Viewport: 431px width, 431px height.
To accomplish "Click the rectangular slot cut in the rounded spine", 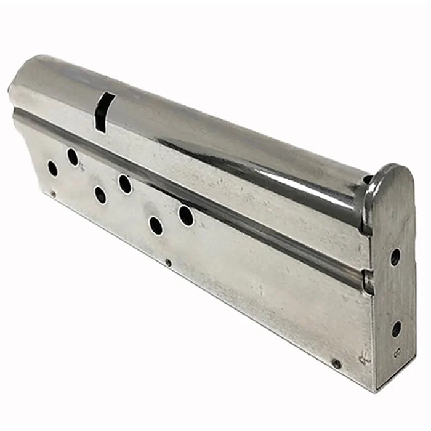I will coord(103,111).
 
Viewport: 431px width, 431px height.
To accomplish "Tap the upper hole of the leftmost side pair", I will coord(73,157).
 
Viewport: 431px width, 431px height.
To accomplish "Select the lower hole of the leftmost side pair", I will coord(53,168).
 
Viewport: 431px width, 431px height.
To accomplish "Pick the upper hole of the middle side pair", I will coord(124,183).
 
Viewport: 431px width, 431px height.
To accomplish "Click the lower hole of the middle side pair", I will coord(100,195).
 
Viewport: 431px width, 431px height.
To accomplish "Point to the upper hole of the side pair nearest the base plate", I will coord(185,216).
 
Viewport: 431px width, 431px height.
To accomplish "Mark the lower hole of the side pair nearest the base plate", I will coord(156,225).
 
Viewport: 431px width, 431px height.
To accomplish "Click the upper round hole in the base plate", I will coord(395,257).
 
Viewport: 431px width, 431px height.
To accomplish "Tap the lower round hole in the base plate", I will coord(396,329).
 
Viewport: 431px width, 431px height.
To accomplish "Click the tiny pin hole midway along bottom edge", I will coord(168,263).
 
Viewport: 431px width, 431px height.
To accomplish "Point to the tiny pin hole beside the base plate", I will coord(336,364).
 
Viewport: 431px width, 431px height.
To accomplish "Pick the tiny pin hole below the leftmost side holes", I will coord(53,194).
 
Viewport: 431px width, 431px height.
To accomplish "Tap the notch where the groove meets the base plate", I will coord(367,282).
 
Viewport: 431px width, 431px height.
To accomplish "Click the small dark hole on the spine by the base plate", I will coord(368,180).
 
